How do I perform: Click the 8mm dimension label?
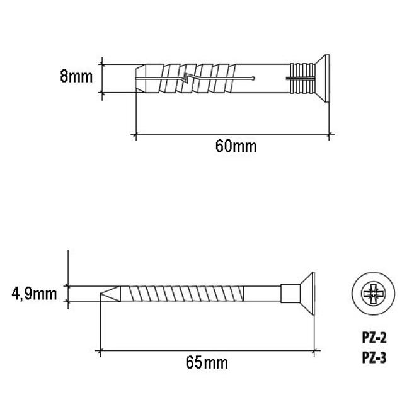tap(76, 76)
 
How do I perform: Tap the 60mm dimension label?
tap(236, 146)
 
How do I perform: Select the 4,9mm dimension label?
tap(34, 294)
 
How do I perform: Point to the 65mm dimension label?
tap(207, 363)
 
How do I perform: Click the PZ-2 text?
tap(374, 338)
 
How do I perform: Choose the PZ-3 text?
tap(374, 357)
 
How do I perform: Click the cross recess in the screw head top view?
tap(373, 294)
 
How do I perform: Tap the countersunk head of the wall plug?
tap(322, 78)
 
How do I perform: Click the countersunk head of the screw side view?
tap(307, 294)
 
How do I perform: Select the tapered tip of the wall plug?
tap(141, 78)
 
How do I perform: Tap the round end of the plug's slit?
tap(253, 78)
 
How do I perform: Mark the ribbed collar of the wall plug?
tap(302, 78)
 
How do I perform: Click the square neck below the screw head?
tap(290, 294)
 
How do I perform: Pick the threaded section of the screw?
tap(182, 294)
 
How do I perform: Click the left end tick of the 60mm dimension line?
tap(136, 134)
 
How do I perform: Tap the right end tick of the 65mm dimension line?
tap(314, 350)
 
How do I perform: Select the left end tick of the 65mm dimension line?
tap(100, 350)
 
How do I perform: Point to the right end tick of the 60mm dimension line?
tap(329, 134)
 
